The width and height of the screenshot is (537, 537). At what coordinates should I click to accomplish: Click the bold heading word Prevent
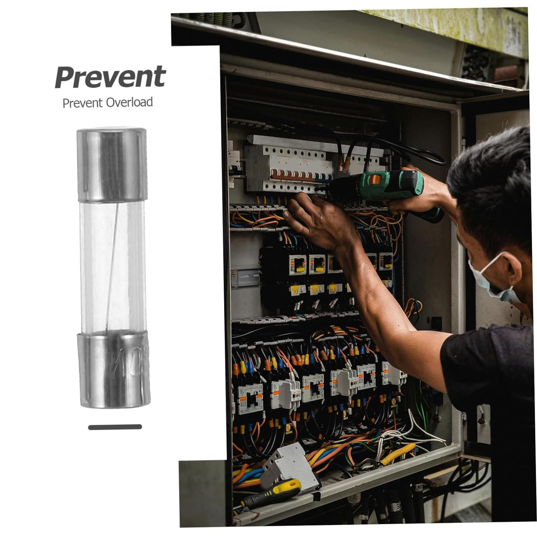[x=110, y=77]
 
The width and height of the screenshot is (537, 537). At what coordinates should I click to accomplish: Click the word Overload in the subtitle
[x=130, y=102]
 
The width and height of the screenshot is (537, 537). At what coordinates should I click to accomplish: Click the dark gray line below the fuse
[x=115, y=427]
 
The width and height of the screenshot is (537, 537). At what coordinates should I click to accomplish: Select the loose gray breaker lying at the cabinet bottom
[x=290, y=465]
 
